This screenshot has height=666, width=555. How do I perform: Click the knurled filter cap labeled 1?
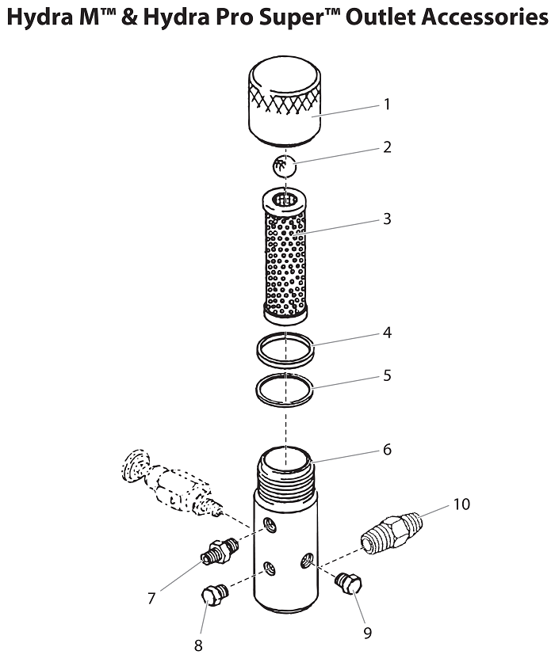(284, 103)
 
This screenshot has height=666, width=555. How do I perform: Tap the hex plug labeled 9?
(349, 583)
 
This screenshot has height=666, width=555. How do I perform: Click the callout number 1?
(387, 104)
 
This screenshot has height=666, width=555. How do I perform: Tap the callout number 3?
(387, 219)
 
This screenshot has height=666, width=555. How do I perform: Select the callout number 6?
(387, 449)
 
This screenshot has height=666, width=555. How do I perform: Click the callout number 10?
(461, 504)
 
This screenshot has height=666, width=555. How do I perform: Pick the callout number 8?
(198, 645)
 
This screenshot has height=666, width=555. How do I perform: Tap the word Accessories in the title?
(485, 17)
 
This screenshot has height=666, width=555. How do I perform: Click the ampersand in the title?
(130, 17)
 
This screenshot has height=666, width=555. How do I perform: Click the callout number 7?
(151, 599)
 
